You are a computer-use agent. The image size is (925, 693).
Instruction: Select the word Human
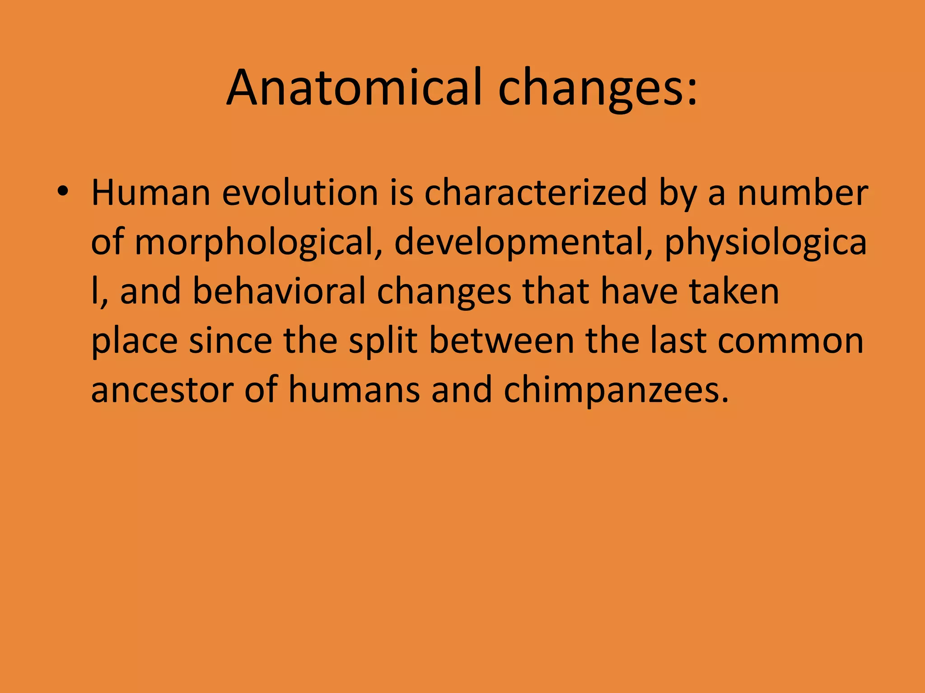click(x=151, y=193)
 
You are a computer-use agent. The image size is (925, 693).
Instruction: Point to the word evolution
click(x=300, y=193)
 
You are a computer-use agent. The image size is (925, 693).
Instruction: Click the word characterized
click(x=536, y=193)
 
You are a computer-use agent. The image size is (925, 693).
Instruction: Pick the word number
click(x=803, y=193)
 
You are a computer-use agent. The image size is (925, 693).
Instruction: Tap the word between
click(x=502, y=341)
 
